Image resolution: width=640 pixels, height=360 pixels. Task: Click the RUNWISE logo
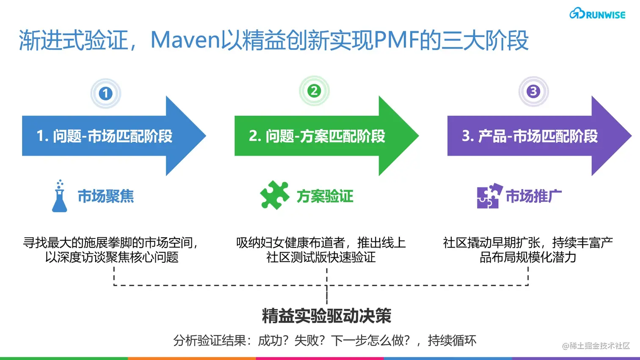[597, 14]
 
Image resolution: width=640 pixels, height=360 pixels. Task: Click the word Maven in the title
[186, 41]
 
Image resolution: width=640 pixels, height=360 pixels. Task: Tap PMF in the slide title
[396, 41]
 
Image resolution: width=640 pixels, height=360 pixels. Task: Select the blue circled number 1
[105, 93]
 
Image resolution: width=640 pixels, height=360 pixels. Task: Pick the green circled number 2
[314, 91]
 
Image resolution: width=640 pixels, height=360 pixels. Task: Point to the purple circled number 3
[533, 91]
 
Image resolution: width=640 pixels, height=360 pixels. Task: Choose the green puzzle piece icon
[275, 195]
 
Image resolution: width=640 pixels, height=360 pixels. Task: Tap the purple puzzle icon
[489, 196]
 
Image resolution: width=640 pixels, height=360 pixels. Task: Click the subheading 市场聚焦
[106, 196]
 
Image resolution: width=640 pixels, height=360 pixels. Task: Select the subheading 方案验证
[325, 196]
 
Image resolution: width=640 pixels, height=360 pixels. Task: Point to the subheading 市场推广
[533, 196]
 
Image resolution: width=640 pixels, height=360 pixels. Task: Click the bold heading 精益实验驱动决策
[326, 316]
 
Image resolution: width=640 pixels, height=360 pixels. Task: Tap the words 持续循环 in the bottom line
[452, 341]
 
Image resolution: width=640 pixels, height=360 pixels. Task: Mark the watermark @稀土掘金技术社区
[596, 346]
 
